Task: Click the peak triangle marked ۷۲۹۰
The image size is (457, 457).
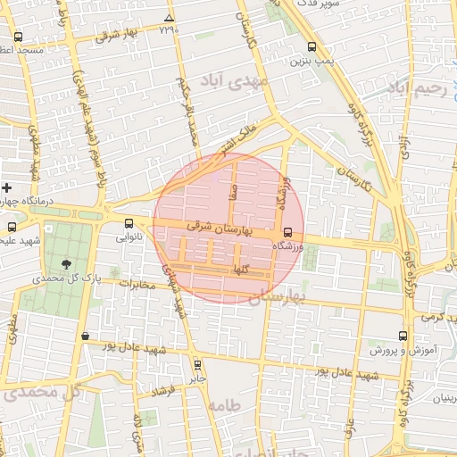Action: click(x=169, y=18)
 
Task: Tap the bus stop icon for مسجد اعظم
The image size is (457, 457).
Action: click(x=19, y=38)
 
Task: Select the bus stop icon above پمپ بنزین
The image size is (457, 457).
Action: click(x=311, y=47)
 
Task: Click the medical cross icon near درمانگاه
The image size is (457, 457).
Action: click(x=7, y=188)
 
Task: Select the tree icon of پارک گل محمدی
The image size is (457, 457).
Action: click(x=68, y=263)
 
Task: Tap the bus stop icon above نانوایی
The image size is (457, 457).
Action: click(x=129, y=224)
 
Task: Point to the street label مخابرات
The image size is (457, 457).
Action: click(x=137, y=285)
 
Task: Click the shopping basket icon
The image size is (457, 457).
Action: click(x=85, y=337)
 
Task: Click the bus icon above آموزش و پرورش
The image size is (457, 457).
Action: click(x=403, y=336)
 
